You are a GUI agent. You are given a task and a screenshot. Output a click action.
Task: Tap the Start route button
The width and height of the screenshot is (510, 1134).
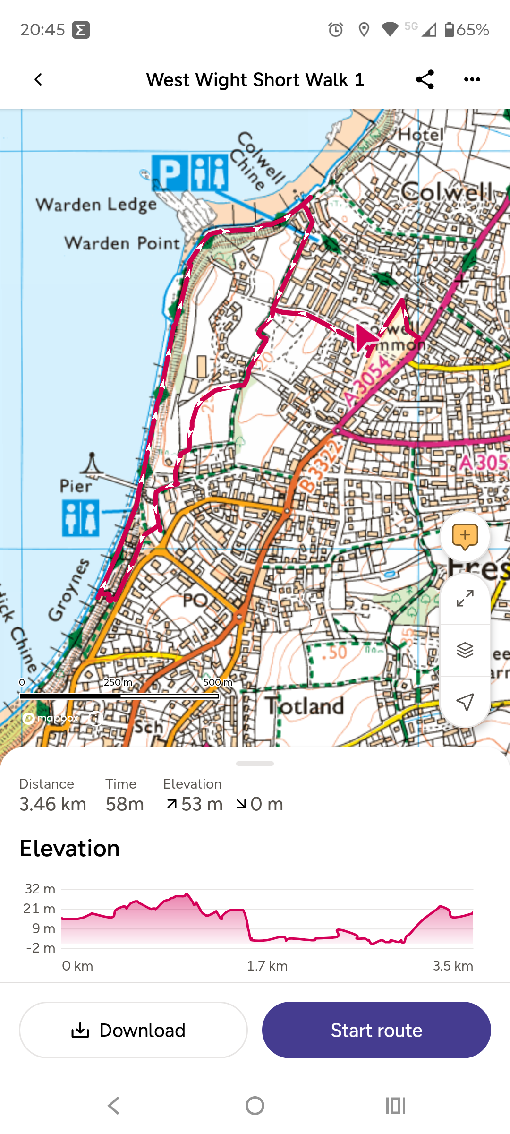coord(376,1030)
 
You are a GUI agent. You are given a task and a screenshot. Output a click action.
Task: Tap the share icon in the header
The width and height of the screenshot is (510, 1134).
coord(425,79)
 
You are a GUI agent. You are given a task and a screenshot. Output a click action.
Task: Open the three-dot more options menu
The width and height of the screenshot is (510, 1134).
coord(472,79)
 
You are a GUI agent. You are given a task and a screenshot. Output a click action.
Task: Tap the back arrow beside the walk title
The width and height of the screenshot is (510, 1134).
coord(38,79)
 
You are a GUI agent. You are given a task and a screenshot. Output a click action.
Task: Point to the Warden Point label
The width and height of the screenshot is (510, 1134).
coord(122,243)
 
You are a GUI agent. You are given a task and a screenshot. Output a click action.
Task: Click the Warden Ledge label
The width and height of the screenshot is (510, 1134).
coord(96,205)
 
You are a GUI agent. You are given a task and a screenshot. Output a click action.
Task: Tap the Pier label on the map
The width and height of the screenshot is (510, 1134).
coord(76,486)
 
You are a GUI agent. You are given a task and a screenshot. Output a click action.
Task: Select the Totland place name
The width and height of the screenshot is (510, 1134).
coord(305,706)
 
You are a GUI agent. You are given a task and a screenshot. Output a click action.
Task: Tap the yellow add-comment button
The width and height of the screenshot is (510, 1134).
coord(465,536)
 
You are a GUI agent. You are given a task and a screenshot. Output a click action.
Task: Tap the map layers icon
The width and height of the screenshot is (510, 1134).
coord(465,650)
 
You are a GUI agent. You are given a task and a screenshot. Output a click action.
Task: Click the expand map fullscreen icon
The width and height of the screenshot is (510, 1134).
coord(465,599)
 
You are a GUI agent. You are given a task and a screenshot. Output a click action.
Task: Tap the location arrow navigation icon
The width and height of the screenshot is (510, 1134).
coord(465,702)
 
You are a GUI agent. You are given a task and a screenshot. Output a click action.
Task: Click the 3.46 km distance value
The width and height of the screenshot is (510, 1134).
coord(53,804)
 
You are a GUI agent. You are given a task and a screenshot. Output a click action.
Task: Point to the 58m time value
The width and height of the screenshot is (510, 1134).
coord(125,804)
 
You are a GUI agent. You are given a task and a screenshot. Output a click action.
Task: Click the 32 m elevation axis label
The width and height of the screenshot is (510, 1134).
coord(40,889)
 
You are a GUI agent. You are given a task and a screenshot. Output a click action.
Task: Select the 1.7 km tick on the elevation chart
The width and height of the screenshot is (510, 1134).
coord(267,966)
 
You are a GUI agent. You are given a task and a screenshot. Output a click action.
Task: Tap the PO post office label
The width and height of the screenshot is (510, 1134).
coord(195,601)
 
